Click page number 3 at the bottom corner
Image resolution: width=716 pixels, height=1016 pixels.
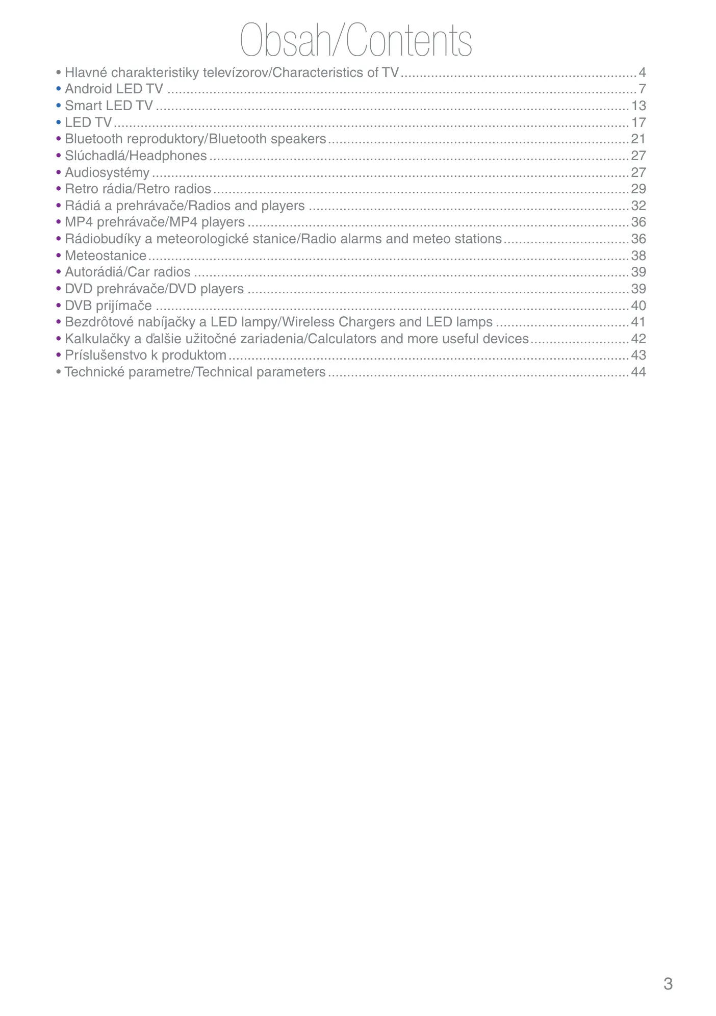[668, 983]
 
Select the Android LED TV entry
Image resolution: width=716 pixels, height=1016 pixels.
[114, 89]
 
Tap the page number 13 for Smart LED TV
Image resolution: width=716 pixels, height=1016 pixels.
[638, 106]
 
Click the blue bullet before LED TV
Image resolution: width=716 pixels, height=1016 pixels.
[59, 123]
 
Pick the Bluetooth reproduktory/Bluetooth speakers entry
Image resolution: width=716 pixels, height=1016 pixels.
[195, 139]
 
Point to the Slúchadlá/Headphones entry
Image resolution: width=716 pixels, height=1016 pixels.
[136, 156]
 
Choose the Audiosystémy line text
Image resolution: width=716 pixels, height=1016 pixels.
[107, 173]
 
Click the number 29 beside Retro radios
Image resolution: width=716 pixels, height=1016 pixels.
[638, 189]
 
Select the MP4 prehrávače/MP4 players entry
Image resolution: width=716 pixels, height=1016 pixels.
[155, 222]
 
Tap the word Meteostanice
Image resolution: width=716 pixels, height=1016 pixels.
[106, 256]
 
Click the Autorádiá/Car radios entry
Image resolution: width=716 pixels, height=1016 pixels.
[127, 272]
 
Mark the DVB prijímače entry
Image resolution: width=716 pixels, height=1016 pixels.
[108, 306]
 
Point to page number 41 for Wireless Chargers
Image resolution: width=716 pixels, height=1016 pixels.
[638, 322]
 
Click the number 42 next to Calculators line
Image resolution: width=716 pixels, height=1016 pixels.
[638, 339]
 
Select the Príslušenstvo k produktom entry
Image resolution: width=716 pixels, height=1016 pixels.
[145, 355]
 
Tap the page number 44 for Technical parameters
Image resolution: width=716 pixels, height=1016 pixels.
[638, 372]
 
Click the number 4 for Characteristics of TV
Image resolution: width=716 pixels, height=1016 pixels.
[643, 73]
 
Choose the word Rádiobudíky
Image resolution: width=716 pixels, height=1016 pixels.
[103, 239]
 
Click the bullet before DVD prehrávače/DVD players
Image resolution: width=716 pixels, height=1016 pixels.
[59, 289]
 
